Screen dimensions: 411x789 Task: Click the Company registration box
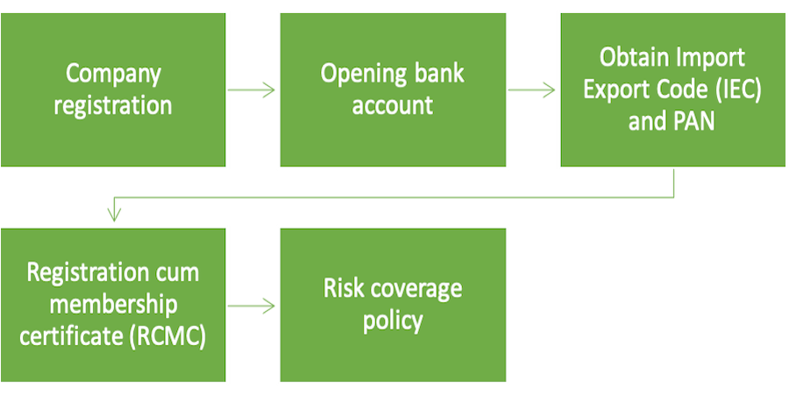(x=114, y=89)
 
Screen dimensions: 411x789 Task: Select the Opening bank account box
(x=393, y=89)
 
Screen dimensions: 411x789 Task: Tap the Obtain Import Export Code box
(x=672, y=89)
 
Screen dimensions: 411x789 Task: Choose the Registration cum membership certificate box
(x=114, y=304)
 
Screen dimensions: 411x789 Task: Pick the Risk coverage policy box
(x=393, y=304)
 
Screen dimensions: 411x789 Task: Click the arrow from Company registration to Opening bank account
(x=252, y=89)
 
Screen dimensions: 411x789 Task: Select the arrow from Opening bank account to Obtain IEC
(x=532, y=89)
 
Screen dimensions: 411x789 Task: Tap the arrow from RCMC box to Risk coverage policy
(x=252, y=306)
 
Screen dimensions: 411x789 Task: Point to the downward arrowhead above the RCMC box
(x=114, y=211)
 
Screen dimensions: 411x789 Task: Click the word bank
(x=437, y=73)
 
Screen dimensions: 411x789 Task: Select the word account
(x=393, y=105)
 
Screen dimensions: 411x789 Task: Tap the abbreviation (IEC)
(x=717, y=89)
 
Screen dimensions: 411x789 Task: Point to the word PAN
(x=693, y=121)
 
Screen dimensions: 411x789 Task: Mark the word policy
(x=393, y=320)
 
